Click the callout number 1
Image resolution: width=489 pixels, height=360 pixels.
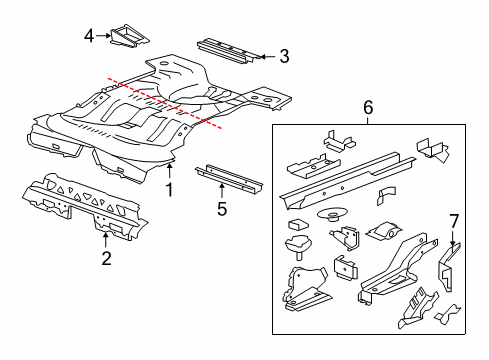169,187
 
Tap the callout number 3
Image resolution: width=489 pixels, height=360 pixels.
284,57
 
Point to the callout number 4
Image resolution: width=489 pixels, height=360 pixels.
89,36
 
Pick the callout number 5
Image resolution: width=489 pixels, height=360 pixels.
222,208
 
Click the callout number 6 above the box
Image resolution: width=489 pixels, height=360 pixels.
367,107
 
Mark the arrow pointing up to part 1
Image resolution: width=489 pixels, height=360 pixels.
169,170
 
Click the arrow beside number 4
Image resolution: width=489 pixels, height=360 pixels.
104,36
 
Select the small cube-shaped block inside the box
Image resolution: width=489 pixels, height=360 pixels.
296,224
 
